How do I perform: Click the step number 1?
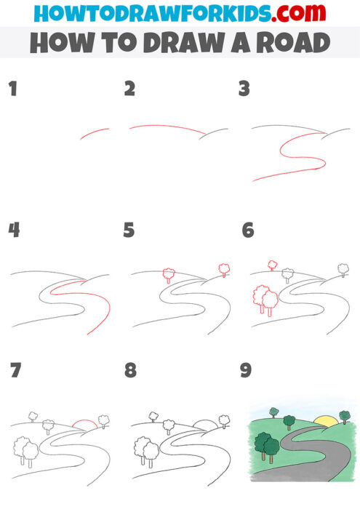[x=12, y=90]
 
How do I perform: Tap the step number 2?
[x=129, y=89]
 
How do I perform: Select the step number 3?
[x=244, y=89]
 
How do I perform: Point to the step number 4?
[x=12, y=231]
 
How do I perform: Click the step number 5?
[x=129, y=231]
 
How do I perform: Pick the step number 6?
[x=247, y=231]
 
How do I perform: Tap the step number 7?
[x=15, y=371]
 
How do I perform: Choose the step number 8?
[x=130, y=371]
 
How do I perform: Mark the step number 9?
[x=246, y=371]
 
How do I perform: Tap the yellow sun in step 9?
[x=325, y=420]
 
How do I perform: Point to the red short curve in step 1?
[x=94, y=134]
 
